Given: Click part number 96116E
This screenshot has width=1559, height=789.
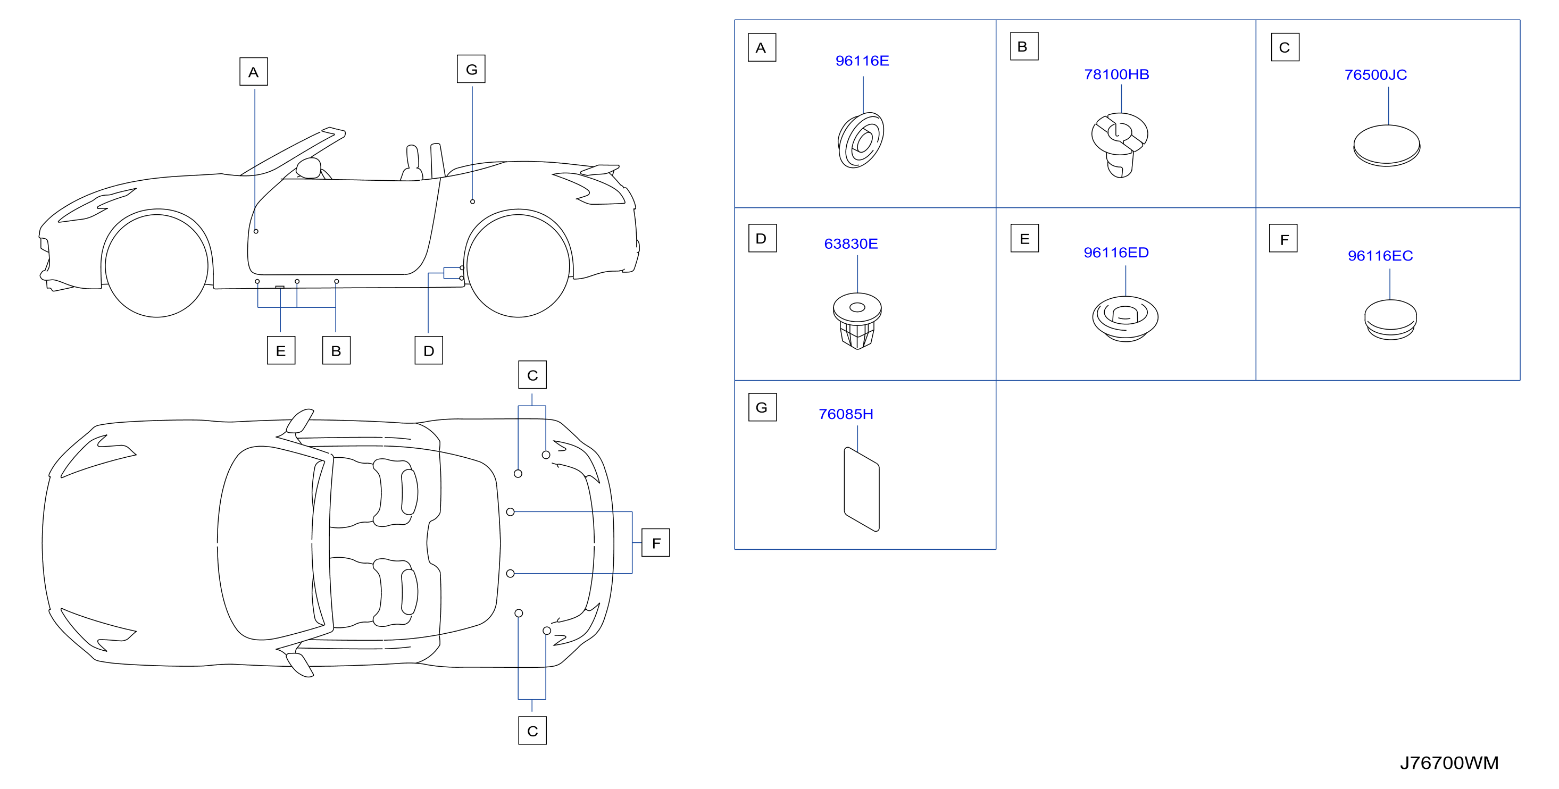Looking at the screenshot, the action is click(862, 61).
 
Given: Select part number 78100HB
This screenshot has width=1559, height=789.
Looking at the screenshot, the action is click(1116, 74).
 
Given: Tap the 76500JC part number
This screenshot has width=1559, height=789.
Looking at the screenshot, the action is click(1375, 75).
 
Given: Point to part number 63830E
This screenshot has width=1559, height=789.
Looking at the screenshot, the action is click(851, 244).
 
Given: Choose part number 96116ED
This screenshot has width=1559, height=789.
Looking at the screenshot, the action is click(1116, 253).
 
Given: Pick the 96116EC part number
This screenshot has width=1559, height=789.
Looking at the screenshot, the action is click(1380, 256).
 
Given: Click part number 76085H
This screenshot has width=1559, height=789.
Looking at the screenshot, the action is click(846, 415).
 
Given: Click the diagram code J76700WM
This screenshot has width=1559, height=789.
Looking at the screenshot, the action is click(1449, 763).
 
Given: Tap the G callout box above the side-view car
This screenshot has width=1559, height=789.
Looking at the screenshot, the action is click(471, 69).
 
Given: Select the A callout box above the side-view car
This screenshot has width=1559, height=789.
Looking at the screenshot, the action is click(254, 72).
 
